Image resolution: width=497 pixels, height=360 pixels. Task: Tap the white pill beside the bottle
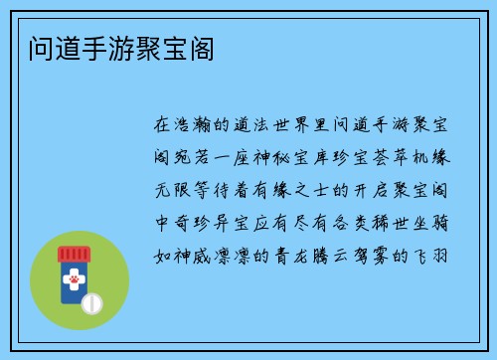90,301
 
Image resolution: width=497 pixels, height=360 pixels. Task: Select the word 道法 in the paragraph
257,126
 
